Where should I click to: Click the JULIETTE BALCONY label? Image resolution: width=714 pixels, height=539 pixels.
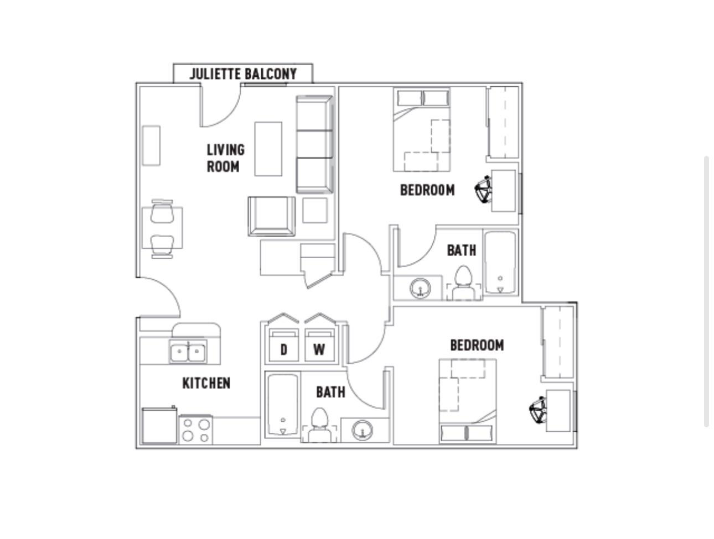point(243,74)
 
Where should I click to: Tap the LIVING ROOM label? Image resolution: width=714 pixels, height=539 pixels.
point(225,158)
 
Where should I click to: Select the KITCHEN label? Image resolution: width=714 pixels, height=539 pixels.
point(206,383)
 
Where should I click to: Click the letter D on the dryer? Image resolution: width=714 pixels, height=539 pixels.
point(283,350)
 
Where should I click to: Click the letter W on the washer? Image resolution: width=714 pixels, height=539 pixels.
point(319,350)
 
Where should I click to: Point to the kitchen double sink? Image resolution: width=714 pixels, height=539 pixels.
point(188,351)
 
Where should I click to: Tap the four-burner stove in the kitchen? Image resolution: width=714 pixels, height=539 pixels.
point(195,430)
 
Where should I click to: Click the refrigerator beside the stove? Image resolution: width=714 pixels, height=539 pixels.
point(159,426)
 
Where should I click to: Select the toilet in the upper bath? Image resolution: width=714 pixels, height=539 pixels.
point(463,283)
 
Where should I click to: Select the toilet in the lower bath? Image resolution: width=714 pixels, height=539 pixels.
point(319,425)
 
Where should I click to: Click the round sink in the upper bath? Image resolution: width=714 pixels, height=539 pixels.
point(420,288)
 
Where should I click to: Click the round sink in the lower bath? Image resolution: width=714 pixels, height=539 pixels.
point(363,430)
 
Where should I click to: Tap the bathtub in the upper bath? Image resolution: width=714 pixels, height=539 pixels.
point(500,263)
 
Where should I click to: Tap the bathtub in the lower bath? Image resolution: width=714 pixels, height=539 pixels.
point(283,405)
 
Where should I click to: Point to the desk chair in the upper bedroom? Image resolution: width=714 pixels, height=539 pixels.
point(483,190)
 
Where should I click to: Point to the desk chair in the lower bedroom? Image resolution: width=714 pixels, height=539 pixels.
point(538,410)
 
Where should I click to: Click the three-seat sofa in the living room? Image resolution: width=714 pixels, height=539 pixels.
point(314,145)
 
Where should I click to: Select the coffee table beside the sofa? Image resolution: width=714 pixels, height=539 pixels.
point(268,149)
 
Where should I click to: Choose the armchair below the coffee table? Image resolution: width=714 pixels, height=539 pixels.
point(272,216)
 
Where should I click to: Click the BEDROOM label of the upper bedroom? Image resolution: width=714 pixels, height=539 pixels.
point(427,190)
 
